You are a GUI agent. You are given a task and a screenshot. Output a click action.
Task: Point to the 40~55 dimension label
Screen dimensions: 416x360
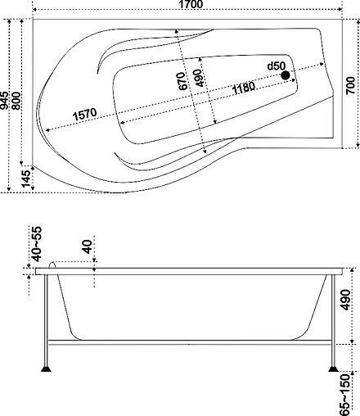[35, 243]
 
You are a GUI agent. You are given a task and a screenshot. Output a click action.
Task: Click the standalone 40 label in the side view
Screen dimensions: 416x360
[86, 246]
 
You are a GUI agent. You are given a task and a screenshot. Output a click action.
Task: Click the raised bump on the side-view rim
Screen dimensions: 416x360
[56, 265]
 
